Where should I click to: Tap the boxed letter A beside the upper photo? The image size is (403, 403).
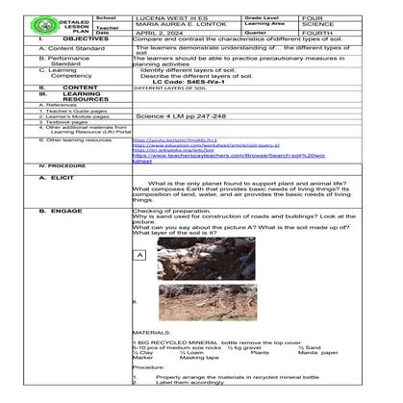(x=140, y=255)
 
